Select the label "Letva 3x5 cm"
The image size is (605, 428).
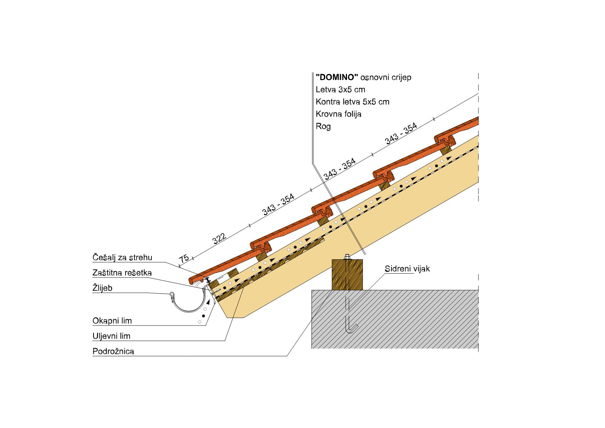(x=340, y=90)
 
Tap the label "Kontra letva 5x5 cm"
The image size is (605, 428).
(x=353, y=102)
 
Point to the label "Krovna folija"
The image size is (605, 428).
(x=338, y=114)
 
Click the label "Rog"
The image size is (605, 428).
(x=323, y=126)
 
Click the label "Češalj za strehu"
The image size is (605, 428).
(x=122, y=257)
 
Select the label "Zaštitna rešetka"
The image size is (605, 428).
(x=122, y=273)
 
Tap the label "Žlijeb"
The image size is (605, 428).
(x=102, y=288)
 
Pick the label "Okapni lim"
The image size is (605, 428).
(x=112, y=321)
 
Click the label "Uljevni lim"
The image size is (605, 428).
(x=111, y=336)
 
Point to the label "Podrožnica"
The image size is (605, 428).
(x=113, y=351)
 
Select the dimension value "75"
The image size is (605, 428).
(x=184, y=259)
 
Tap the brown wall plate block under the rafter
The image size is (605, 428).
(x=347, y=275)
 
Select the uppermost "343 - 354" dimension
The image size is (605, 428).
(x=401, y=134)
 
